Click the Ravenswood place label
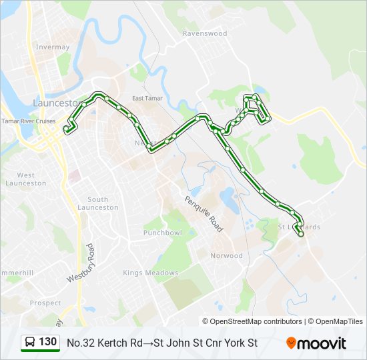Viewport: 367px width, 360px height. click(205, 33)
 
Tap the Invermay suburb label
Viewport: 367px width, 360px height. click(53, 47)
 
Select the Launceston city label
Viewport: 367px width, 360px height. click(57, 103)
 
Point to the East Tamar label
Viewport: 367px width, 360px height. click(147, 99)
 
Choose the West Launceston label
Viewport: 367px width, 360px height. click(26, 179)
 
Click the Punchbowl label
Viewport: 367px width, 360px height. click(162, 233)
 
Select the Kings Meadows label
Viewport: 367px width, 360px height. click(150, 273)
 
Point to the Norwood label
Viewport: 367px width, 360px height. click(227, 255)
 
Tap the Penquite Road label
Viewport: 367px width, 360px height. click(204, 213)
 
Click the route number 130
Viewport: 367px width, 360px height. click(47, 343)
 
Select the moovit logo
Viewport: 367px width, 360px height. click(316, 343)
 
